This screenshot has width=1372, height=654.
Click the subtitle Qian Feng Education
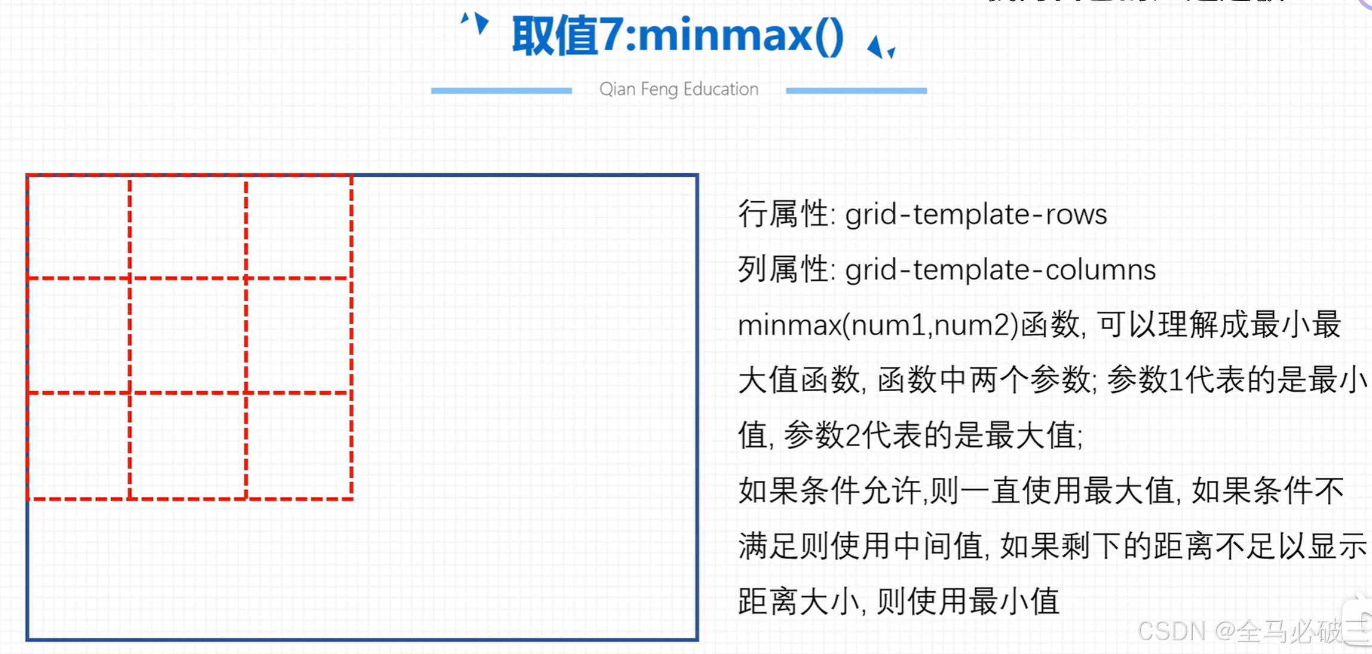click(679, 90)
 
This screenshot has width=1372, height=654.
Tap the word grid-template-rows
click(976, 214)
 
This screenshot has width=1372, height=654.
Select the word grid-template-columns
click(1000, 270)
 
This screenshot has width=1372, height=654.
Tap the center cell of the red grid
click(188, 336)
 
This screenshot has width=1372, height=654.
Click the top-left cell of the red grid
click(78, 227)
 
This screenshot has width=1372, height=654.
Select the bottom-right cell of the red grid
click(299, 446)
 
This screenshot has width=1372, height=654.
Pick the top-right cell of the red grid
click(299, 227)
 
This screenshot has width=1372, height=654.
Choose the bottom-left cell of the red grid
click(78, 446)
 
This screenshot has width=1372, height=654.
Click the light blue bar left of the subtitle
click(501, 91)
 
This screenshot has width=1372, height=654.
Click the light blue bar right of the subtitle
click(856, 91)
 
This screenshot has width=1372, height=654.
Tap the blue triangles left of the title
click(476, 23)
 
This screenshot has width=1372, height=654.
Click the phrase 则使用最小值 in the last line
click(968, 601)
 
